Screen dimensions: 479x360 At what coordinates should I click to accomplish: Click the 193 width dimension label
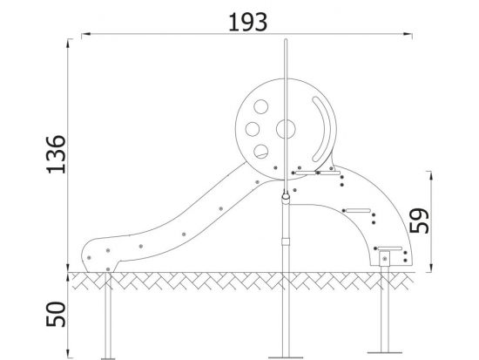point(247,23)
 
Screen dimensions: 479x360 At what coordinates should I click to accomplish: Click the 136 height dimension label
point(57,154)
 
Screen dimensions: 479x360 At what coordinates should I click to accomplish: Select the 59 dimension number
point(419,221)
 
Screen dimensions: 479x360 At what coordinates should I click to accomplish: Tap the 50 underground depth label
point(57,314)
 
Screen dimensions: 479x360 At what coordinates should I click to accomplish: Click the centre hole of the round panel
point(286,129)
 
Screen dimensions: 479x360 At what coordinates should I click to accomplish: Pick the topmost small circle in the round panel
point(261,106)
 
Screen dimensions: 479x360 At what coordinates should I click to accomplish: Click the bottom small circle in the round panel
point(261,151)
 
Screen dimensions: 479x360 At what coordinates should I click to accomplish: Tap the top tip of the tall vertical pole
point(286,39)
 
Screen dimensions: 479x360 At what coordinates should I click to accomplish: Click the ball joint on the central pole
point(286,196)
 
